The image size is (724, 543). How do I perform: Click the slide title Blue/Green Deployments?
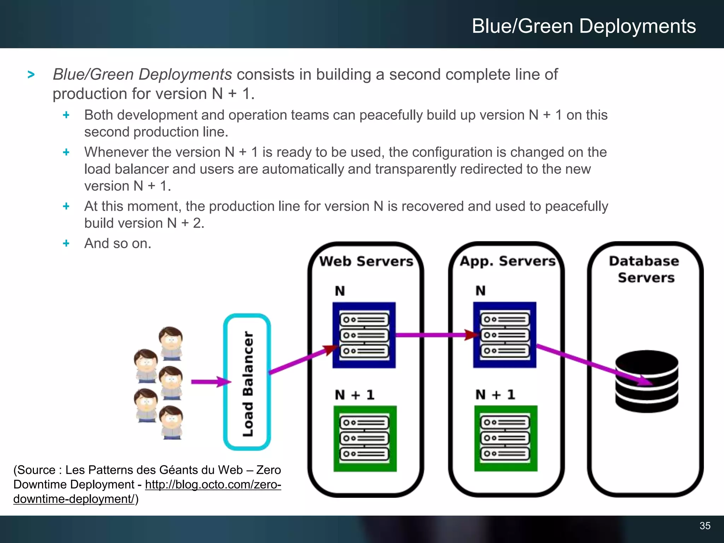[584, 26]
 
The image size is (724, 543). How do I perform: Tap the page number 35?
[705, 526]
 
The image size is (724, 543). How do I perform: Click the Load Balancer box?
[247, 382]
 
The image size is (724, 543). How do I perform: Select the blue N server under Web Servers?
[364, 335]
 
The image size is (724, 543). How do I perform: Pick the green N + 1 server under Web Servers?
[365, 438]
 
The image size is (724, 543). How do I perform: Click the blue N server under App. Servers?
[505, 335]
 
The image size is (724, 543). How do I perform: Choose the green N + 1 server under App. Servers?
[506, 438]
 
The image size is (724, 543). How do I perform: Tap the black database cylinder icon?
[647, 381]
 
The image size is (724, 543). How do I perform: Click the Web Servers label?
[366, 261]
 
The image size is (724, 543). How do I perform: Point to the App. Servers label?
[508, 261]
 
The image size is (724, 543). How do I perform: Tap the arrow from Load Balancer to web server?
[300, 360]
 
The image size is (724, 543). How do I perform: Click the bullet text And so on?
[118, 243]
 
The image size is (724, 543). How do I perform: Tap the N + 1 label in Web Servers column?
[355, 395]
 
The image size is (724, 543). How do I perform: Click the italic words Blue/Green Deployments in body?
[142, 75]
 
